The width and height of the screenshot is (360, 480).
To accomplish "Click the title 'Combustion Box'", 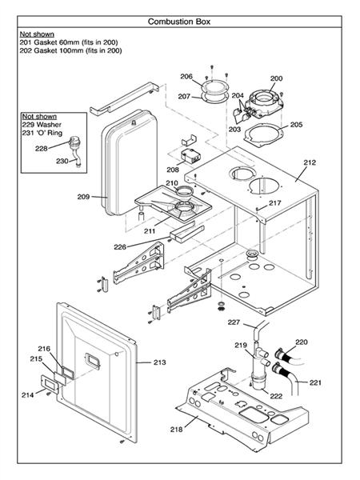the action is point(179,22).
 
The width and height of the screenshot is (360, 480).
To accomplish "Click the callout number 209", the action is point(83,197).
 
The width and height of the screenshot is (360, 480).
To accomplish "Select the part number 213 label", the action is point(159,362).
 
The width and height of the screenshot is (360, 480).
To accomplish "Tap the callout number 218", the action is point(176,430).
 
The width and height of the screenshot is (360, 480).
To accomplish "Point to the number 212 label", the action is point(310,162).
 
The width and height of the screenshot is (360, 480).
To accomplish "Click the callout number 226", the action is point(120,246).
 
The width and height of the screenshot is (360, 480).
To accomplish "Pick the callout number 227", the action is point(234,322).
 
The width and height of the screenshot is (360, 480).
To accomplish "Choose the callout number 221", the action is point(315,382).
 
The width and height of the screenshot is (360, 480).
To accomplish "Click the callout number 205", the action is point(296,125).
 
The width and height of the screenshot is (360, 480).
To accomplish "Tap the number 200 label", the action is point(276,78).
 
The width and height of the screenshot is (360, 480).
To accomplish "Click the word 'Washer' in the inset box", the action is point(49,125).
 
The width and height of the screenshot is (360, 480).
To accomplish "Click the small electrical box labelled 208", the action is point(190,156).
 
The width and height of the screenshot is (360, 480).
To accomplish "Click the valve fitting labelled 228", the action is point(74,142).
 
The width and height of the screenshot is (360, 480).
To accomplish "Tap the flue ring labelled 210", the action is point(185,191).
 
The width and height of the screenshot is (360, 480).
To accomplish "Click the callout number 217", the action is point(275,203).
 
